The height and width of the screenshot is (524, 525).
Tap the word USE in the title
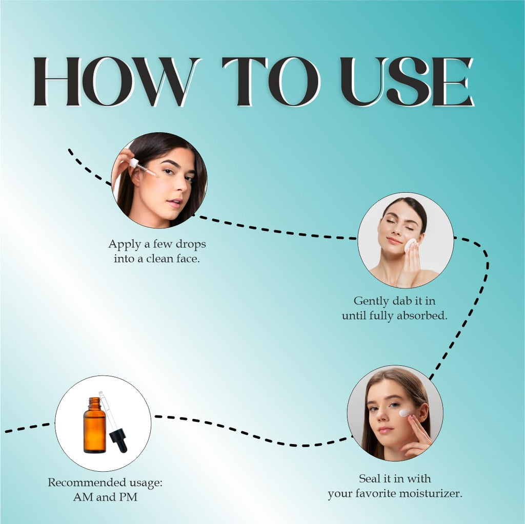tap(407, 81)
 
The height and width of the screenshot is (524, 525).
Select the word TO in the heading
tap(271, 81)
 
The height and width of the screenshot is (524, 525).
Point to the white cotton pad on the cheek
tap(411, 245)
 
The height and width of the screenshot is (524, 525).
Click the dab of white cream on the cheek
tap(405, 412)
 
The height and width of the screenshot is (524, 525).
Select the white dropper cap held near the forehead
tap(134, 163)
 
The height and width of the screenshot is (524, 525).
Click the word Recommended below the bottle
tap(87, 483)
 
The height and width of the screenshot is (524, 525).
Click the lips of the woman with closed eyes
tap(393, 241)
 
